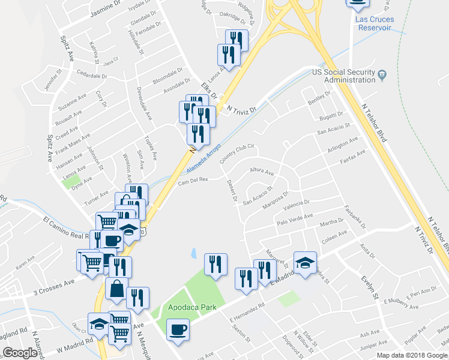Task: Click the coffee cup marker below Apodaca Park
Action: click(178, 330)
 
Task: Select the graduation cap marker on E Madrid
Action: click(305, 263)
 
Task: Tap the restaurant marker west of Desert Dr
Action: click(215, 263)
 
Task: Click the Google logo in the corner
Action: click(20, 353)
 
